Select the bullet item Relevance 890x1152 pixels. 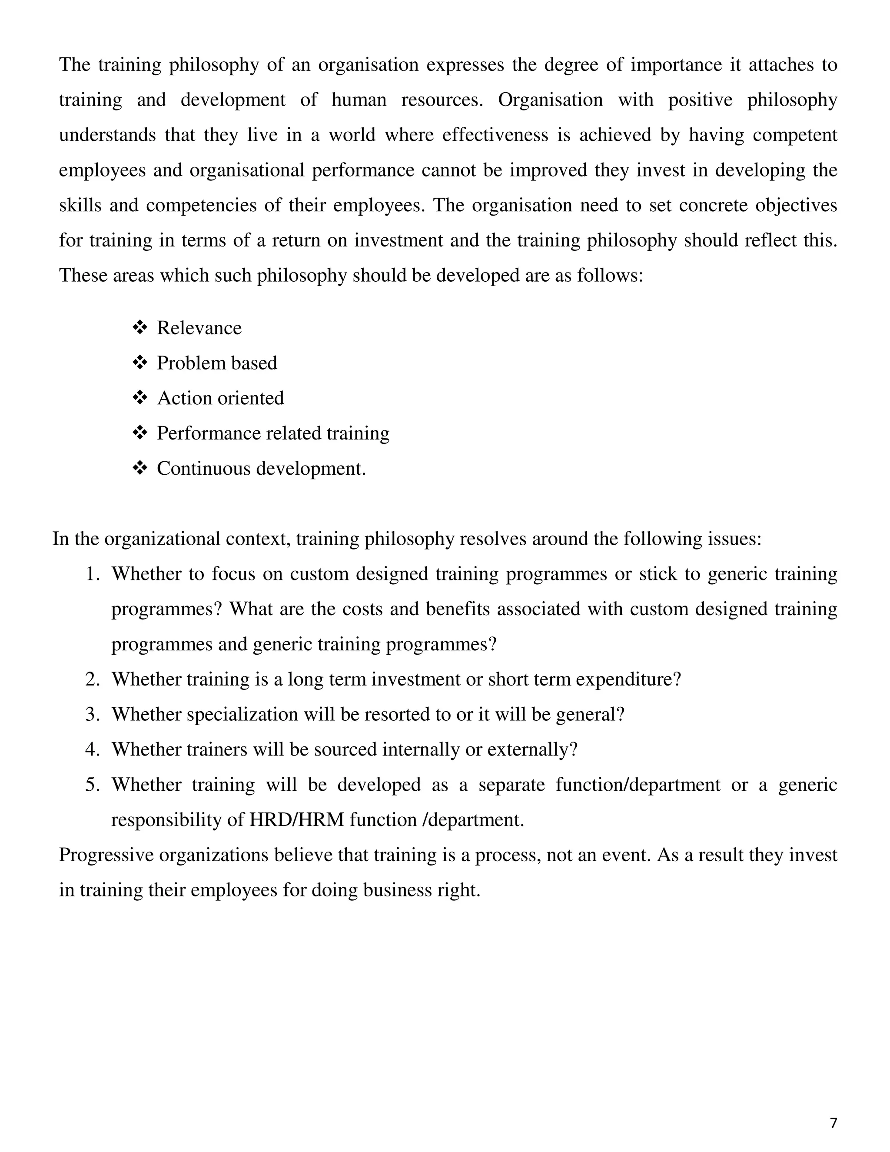[x=199, y=328]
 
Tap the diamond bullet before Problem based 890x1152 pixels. [x=140, y=363]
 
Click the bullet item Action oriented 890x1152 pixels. [x=220, y=398]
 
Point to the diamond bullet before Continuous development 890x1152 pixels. [x=140, y=468]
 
